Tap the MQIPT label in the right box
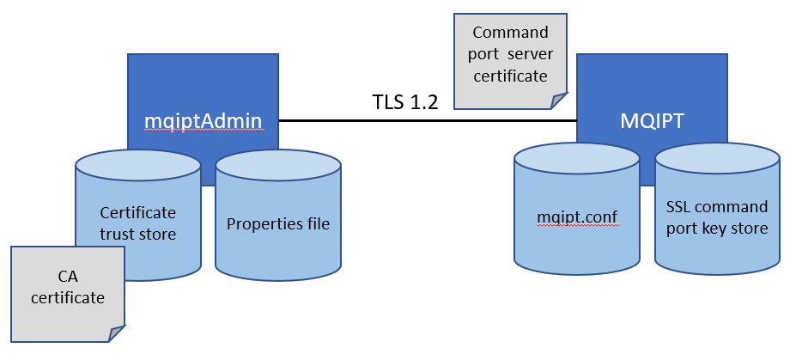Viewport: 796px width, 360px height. (x=652, y=121)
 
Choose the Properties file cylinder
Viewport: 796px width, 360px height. (x=277, y=224)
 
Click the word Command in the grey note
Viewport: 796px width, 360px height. (x=510, y=33)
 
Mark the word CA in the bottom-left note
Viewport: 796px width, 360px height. (x=68, y=278)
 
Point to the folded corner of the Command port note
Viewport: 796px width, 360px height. (x=559, y=101)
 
